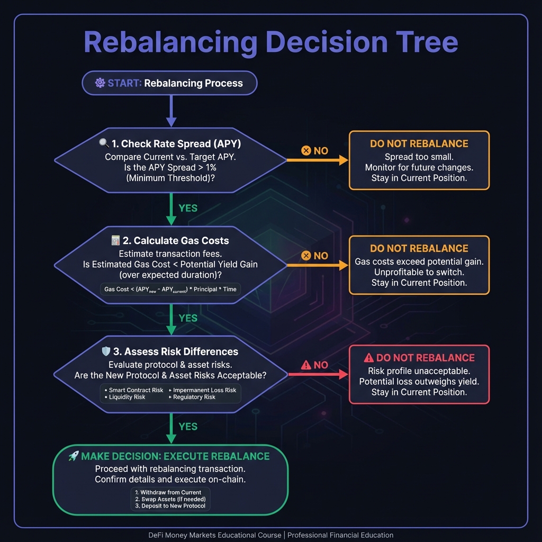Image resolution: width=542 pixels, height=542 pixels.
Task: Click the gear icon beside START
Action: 100,83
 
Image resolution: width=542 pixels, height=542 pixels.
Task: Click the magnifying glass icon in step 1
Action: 104,143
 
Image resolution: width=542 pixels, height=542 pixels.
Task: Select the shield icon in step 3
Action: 105,351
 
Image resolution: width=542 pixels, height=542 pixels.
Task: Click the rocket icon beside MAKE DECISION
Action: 74,456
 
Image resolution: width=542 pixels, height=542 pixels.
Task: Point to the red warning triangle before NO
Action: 306,365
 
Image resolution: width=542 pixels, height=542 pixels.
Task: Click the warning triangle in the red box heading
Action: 369,358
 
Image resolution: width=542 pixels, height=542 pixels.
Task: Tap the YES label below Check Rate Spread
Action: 188,208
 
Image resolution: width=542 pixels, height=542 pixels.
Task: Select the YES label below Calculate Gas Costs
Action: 188,318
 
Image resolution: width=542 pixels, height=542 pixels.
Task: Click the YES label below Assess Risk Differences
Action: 188,427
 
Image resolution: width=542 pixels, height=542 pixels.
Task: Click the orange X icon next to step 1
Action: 306,151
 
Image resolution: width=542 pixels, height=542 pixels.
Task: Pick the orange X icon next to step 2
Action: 306,256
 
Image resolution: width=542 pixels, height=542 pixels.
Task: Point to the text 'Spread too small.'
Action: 419,157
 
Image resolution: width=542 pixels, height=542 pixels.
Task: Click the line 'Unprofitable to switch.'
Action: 419,272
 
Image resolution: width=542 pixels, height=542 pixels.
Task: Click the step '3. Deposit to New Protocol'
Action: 170,506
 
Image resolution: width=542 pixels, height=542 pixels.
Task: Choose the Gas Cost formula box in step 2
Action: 170,290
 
